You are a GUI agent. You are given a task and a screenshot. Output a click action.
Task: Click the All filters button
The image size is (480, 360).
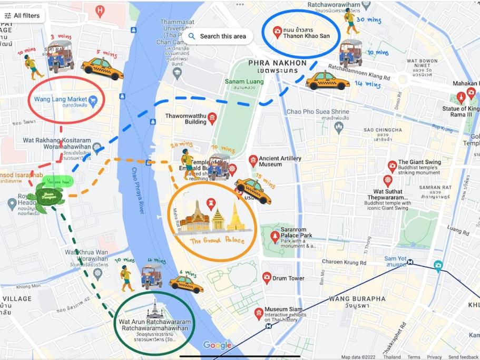point(22,16)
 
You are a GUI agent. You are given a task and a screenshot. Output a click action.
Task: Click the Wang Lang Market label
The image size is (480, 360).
point(61,99)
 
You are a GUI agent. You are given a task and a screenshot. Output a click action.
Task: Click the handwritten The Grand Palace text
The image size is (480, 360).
point(217,240)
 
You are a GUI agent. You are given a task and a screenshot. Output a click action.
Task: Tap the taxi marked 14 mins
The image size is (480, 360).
point(327,81)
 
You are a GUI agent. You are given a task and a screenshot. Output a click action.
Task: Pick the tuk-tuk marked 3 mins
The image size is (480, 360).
point(60,56)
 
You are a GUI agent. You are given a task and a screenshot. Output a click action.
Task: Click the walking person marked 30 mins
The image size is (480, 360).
point(350,21)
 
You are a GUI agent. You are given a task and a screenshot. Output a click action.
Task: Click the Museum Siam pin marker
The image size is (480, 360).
point(259,313)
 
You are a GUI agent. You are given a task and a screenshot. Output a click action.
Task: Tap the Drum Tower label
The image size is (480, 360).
point(288,278)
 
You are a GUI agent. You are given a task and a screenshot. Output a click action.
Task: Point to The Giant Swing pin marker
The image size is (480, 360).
point(392,166)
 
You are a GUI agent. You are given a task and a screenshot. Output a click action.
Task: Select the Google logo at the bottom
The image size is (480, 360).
point(217,345)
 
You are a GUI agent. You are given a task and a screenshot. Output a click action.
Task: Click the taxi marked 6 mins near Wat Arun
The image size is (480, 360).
point(186,285)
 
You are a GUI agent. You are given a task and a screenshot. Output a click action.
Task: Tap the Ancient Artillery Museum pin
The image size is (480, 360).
point(253,160)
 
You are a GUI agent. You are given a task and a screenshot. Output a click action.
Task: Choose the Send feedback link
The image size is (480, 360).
point(463,357)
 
